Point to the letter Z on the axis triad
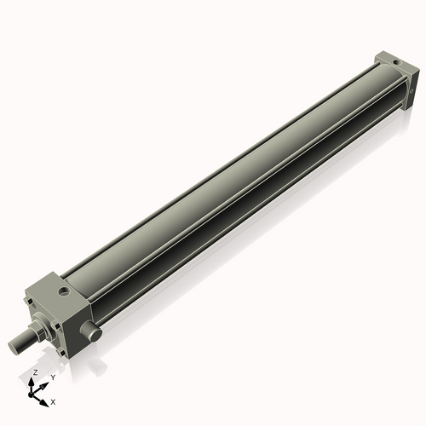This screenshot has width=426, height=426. pos(34,373)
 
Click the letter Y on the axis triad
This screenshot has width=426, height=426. pos(53,376)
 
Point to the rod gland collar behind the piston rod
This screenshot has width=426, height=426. pos(42,327)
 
